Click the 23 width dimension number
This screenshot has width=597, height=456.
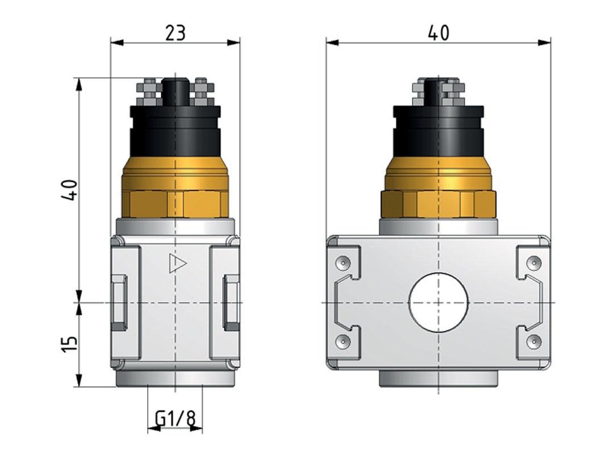[x=176, y=32]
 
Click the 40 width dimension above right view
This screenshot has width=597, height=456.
[x=438, y=32]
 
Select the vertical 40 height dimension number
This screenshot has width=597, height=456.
[x=69, y=190]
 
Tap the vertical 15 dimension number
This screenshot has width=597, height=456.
[x=69, y=344]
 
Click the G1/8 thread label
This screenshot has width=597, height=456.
[x=176, y=419]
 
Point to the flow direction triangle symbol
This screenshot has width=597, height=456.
[x=177, y=263]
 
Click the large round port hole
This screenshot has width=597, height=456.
[x=438, y=302]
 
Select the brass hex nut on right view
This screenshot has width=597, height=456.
[x=438, y=204]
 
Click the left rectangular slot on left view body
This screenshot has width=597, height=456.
[x=119, y=302]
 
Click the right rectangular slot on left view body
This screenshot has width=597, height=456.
[x=231, y=302]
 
